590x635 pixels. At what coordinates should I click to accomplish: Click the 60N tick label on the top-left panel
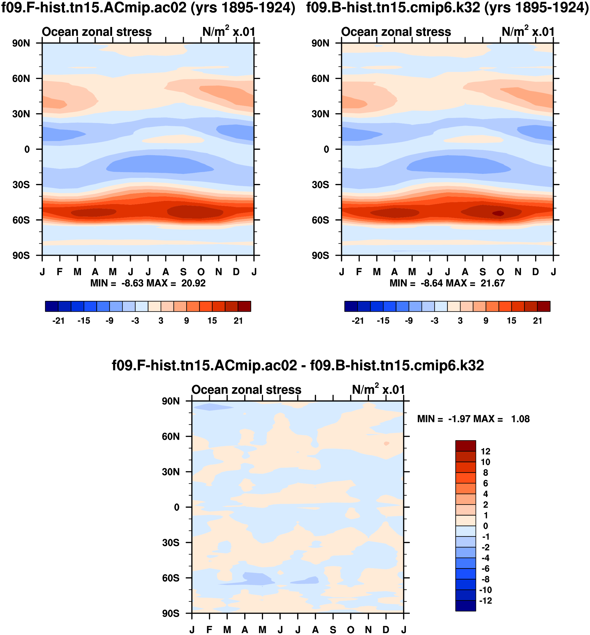pyautogui.click(x=21, y=79)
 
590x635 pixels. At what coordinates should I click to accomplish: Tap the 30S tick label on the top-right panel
pyautogui.click(x=320, y=185)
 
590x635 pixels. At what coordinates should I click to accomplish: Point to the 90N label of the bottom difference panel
pyautogui.click(x=171, y=401)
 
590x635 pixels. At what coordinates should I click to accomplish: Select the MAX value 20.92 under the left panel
pyautogui.click(x=194, y=283)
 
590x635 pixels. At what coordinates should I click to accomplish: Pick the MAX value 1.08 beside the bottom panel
pyautogui.click(x=520, y=419)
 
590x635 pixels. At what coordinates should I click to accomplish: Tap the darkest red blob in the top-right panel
pyautogui.click(x=498, y=213)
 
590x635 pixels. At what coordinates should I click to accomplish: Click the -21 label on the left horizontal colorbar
pyautogui.click(x=59, y=321)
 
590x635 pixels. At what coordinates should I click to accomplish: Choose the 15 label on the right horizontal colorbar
pyautogui.click(x=511, y=321)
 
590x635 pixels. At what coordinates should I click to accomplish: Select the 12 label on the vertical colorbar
pyautogui.click(x=485, y=451)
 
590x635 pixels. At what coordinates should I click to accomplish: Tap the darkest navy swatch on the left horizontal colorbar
pyautogui.click(x=52, y=306)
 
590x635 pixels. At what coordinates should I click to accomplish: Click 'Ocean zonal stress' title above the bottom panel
pyautogui.click(x=246, y=390)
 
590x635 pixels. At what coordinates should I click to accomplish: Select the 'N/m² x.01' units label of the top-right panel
pyautogui.click(x=528, y=32)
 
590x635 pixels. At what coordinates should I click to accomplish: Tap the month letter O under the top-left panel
pyautogui.click(x=201, y=272)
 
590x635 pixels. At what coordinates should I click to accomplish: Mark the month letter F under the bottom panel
pyautogui.click(x=209, y=630)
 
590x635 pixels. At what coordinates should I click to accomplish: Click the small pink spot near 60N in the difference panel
pyautogui.click(x=387, y=444)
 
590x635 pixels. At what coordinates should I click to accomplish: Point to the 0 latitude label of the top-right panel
pyautogui.click(x=326, y=149)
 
